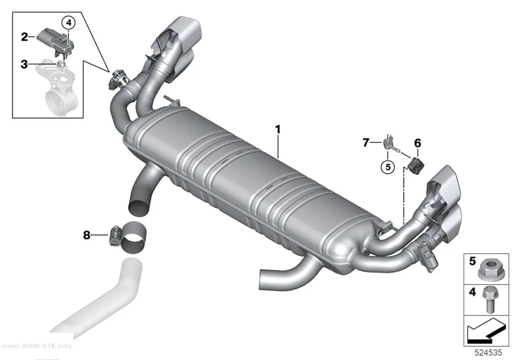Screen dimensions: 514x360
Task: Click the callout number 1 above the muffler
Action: coord(278,129)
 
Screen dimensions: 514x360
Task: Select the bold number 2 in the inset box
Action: coord(24,37)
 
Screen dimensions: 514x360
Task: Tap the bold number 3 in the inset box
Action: coord(24,64)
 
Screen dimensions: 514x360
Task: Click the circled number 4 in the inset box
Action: coord(69,23)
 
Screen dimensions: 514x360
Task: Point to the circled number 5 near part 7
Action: coord(388,167)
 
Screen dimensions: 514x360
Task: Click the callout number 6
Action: coord(417,143)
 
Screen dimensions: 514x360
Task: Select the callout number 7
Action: coord(366,143)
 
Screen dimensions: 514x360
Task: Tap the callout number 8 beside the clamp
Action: coord(86,235)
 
